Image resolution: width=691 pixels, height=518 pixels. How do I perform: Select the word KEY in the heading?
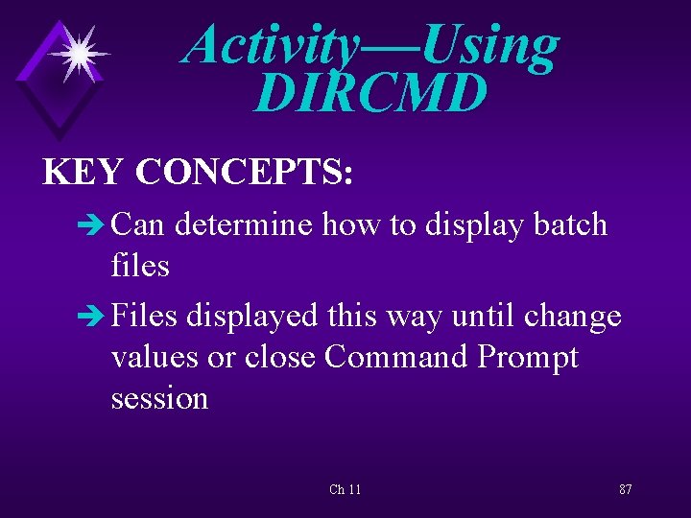pos(84,172)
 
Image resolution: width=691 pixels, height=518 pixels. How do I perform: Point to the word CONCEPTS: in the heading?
pos(245,172)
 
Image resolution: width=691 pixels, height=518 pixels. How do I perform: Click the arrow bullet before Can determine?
pos(96,225)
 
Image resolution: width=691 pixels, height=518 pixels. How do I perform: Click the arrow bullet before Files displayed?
pos(96,316)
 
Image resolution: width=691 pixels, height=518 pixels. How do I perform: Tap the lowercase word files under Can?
pos(140,266)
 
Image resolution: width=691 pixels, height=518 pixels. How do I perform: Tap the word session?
pos(159,397)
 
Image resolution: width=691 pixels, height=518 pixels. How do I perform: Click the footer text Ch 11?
pos(345,489)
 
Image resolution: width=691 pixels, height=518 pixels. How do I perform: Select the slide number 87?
pos(625,489)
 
